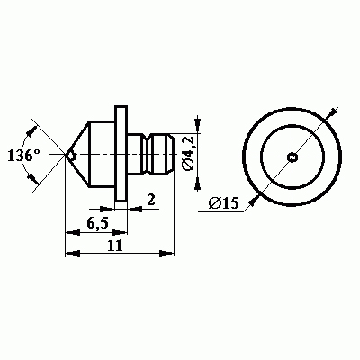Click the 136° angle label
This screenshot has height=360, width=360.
(23, 156)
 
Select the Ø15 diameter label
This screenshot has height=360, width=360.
(224, 203)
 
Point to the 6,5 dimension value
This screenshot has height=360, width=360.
(98, 223)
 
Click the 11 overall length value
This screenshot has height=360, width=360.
(115, 245)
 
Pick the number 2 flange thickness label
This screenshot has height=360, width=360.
(151, 200)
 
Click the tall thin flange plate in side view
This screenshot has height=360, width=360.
(121, 154)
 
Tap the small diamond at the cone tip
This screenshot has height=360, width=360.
(71, 156)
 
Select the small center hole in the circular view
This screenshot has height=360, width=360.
(292, 157)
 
